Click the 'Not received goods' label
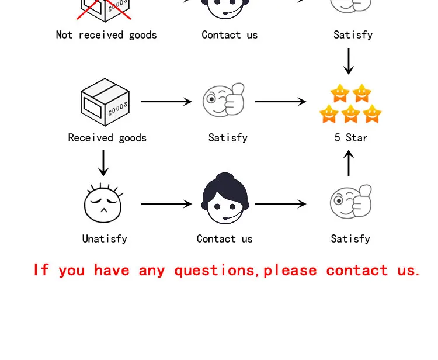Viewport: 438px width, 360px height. pyautogui.click(x=106, y=35)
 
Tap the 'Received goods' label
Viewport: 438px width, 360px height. pyautogui.click(x=107, y=138)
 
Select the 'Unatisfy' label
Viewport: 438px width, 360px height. pyautogui.click(x=105, y=238)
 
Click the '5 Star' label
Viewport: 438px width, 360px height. pyautogui.click(x=350, y=138)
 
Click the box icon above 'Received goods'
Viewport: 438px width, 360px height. pyautogui.click(x=105, y=102)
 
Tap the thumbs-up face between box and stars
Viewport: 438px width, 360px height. pyautogui.click(x=224, y=101)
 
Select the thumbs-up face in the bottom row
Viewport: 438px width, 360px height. pyautogui.click(x=351, y=202)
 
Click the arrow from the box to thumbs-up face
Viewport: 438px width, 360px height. pyautogui.click(x=166, y=102)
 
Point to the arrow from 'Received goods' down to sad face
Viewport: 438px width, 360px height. pyautogui.click(x=103, y=163)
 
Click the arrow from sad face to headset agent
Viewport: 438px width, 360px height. pyautogui.click(x=166, y=204)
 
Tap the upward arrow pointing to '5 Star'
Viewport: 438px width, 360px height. pyautogui.click(x=349, y=163)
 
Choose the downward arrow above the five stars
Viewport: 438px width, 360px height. pyautogui.click(x=349, y=61)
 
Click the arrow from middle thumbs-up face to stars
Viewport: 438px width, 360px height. pyautogui.click(x=280, y=102)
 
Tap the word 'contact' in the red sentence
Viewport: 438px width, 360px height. pyautogui.click(x=357, y=271)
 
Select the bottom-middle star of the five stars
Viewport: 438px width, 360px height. pyautogui.click(x=350, y=113)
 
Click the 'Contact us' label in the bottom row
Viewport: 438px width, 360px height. pyautogui.click(x=224, y=238)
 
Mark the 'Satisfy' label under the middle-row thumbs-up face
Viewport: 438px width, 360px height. pyautogui.click(x=228, y=138)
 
